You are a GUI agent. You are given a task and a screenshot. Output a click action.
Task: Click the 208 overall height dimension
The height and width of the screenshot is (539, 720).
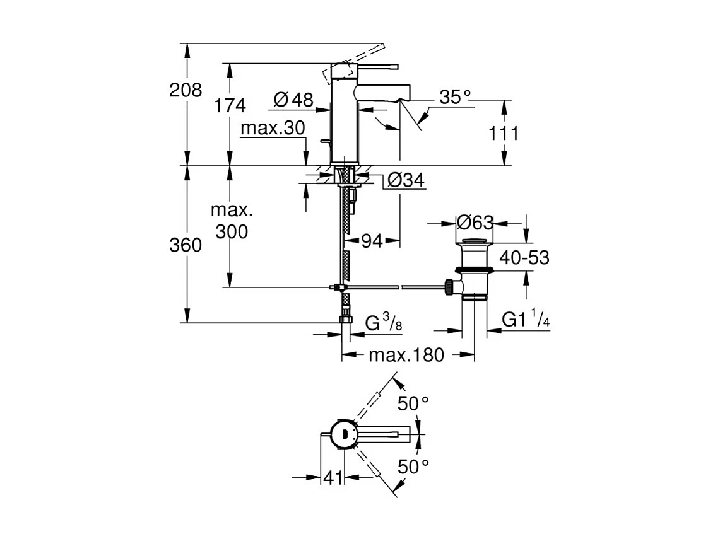click(186, 90)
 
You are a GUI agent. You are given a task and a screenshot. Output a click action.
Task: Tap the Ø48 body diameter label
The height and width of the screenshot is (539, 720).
click(293, 100)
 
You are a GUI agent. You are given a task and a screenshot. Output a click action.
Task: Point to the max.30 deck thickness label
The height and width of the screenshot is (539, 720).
click(273, 128)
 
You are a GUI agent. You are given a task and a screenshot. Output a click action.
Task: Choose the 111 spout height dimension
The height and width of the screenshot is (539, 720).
click(503, 133)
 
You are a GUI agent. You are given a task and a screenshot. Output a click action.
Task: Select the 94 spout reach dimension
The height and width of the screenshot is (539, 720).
click(372, 240)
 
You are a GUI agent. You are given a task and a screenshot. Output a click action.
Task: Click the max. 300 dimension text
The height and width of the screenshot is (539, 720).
click(231, 221)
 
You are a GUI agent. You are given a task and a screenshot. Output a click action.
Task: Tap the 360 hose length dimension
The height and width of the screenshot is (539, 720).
click(186, 245)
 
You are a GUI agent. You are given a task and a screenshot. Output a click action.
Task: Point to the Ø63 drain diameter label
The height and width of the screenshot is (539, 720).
click(474, 223)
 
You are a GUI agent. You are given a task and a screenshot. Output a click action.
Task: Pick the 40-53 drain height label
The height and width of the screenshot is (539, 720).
click(524, 257)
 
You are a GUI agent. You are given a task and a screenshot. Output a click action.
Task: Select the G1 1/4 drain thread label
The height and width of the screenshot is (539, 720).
click(526, 320)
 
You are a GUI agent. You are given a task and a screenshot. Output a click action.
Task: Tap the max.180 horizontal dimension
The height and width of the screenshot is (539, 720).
click(406, 355)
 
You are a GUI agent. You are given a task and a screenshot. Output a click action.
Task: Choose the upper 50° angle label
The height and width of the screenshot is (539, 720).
click(413, 403)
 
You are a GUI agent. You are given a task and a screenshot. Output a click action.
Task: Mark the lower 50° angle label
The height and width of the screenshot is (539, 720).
click(413, 467)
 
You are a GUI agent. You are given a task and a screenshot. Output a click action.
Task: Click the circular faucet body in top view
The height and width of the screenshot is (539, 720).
click(344, 434)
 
